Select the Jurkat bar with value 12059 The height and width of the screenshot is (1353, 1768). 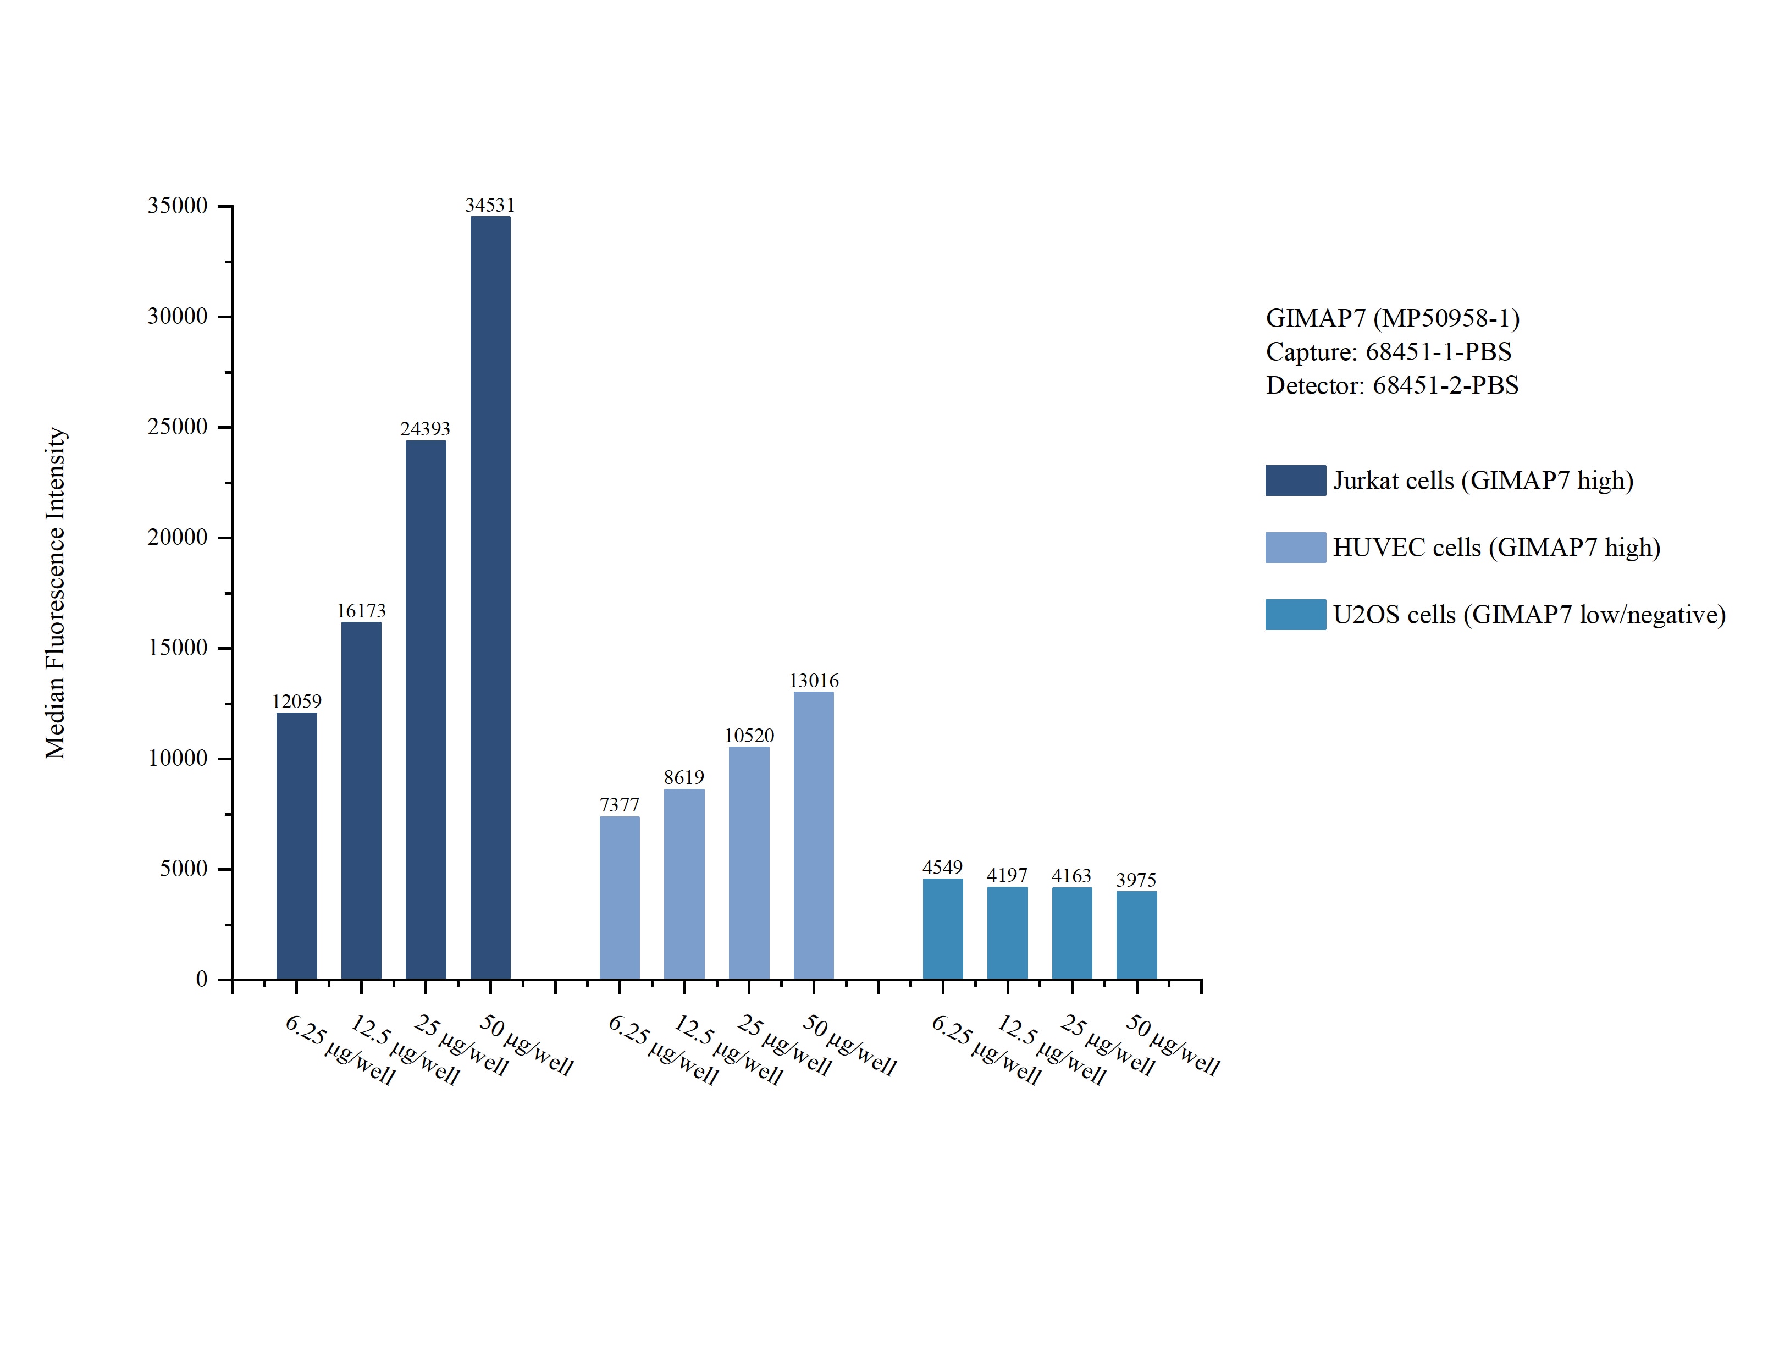296,846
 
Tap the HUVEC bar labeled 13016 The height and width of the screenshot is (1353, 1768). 813,835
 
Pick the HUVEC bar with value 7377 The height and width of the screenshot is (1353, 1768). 619,897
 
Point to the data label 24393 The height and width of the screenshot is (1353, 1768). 425,428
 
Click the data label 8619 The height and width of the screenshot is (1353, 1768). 683,777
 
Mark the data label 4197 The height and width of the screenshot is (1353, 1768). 1007,875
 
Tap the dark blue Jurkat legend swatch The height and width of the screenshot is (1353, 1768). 1295,480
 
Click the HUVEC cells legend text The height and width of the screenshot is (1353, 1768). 1496,548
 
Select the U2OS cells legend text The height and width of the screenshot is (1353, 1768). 1529,615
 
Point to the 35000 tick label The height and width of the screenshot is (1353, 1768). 177,206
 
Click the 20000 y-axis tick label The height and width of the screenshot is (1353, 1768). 177,537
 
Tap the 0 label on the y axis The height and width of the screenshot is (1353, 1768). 201,979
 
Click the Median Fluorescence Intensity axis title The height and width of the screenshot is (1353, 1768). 55,592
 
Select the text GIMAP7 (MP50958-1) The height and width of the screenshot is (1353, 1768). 1392,318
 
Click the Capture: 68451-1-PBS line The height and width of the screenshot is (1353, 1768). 1388,352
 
